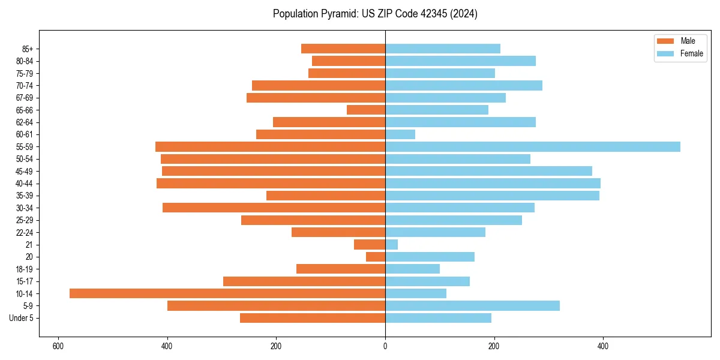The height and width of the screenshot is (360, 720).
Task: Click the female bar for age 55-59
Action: [x=532, y=147]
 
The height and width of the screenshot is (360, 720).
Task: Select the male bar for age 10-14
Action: [x=227, y=293]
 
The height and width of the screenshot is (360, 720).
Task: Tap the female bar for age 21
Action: [x=391, y=245]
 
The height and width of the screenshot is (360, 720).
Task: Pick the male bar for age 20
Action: [x=376, y=257]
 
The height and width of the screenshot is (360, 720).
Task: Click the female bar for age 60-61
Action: [x=400, y=134]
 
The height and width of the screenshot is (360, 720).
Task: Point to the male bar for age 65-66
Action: [x=366, y=110]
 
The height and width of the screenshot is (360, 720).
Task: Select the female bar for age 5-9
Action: [x=472, y=306]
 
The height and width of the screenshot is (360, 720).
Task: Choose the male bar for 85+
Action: [x=343, y=49]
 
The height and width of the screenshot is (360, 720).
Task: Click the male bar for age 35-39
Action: [x=326, y=196]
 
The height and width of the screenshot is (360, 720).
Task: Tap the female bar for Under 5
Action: [x=438, y=318]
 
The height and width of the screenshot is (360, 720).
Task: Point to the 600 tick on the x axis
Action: [x=58, y=346]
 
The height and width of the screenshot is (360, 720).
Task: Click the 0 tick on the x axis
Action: [x=385, y=346]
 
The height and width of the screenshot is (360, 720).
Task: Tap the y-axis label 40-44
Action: [x=24, y=184]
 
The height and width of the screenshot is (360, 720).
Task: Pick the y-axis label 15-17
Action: [x=24, y=281]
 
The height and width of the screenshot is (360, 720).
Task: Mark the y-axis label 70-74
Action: [x=24, y=86]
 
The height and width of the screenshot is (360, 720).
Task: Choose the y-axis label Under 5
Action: [x=22, y=318]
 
